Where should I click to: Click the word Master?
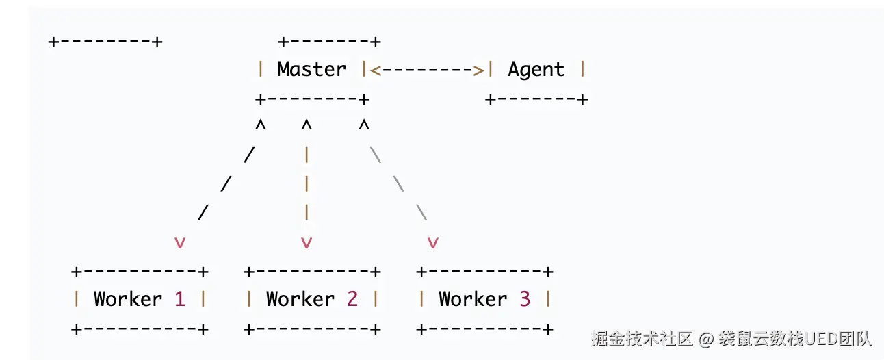click(x=311, y=69)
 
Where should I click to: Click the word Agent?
click(x=536, y=69)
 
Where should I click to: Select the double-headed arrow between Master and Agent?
click(x=427, y=69)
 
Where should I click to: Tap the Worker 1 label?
click(x=139, y=299)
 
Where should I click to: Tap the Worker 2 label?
click(x=311, y=299)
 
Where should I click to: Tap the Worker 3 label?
click(x=484, y=299)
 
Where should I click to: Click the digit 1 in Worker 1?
click(x=179, y=299)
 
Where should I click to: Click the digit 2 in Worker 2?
click(x=352, y=299)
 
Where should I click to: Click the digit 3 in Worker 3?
click(x=524, y=299)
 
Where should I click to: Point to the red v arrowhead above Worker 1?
click(x=179, y=242)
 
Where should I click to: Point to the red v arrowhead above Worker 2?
click(x=306, y=242)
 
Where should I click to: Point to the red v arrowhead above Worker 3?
click(x=432, y=242)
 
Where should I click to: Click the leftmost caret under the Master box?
click(x=260, y=127)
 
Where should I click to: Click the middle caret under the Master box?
click(x=306, y=127)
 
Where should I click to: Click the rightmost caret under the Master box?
click(x=363, y=127)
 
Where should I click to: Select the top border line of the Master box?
click(x=329, y=42)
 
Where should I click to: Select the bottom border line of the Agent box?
click(x=536, y=99)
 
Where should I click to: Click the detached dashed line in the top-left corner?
click(x=105, y=42)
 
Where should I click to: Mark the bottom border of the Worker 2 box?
click(x=311, y=329)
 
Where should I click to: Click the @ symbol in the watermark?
click(x=706, y=338)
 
